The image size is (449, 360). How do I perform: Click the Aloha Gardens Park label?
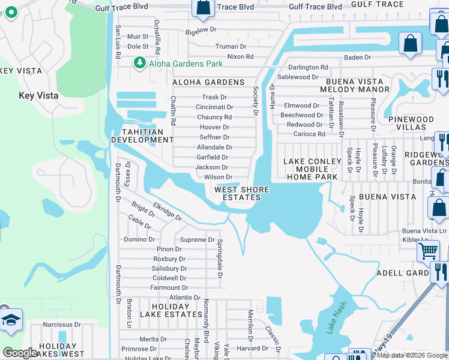185,64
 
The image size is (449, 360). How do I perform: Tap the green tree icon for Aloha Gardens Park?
140,62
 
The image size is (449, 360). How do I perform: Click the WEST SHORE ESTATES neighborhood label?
242,193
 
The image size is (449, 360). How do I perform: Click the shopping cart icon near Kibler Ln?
427,250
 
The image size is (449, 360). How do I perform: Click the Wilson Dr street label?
218,177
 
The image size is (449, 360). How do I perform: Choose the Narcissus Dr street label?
62,325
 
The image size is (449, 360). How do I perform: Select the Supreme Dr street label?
197,239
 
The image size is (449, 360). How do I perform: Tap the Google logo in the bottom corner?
20,353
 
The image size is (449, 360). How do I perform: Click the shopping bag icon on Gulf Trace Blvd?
203,7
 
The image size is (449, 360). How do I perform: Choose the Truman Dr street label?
231,46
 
